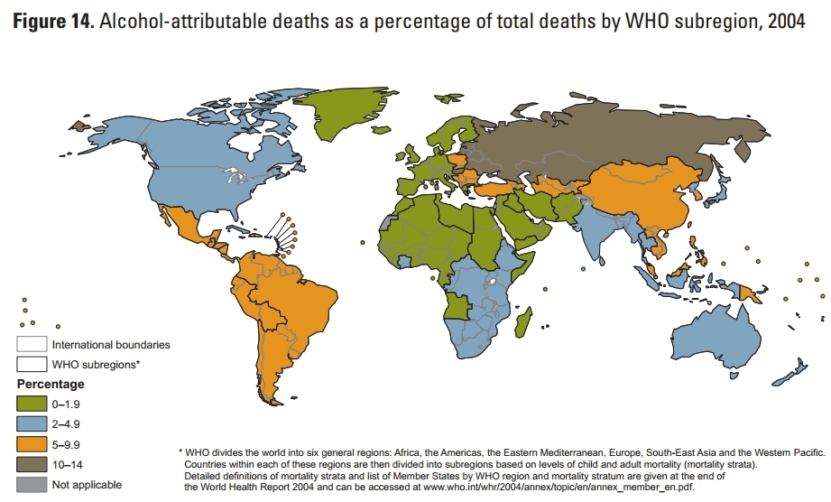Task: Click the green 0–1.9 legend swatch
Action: point(31,402)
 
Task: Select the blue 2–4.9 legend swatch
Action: point(31,423)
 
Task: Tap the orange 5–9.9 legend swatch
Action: point(31,445)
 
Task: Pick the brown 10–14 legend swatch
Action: point(31,466)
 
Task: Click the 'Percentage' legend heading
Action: point(51,383)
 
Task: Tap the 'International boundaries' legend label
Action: point(111,344)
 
